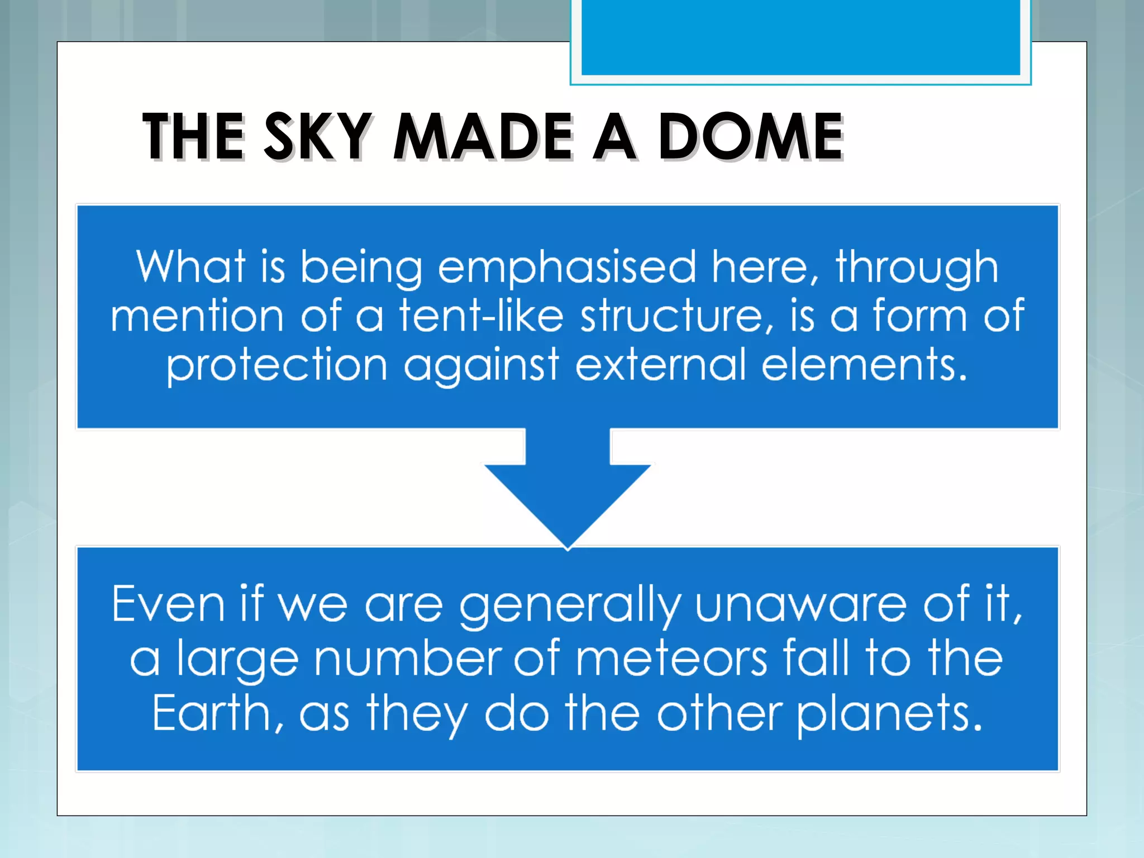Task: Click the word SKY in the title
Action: click(x=317, y=136)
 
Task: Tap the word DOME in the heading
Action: click(x=750, y=136)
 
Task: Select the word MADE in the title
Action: click(x=483, y=136)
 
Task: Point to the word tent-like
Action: click(x=481, y=316)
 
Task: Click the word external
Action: click(x=660, y=365)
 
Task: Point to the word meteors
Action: click(x=672, y=659)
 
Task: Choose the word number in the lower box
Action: click(x=407, y=659)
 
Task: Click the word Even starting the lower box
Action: click(x=168, y=604)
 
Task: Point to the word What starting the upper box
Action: click(x=190, y=266)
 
